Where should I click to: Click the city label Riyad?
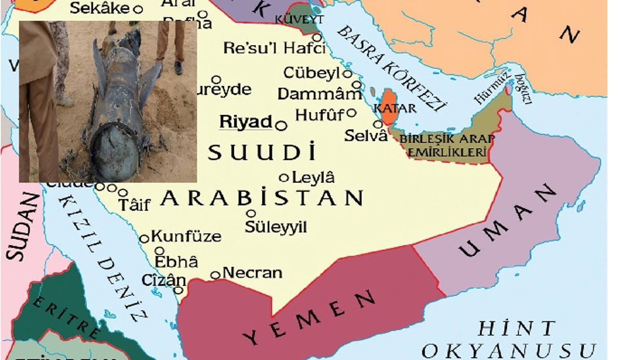point(246,122)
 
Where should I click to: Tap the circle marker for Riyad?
point(282,126)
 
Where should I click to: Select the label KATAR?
point(395,108)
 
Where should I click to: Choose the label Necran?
point(252,273)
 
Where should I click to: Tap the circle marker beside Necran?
point(215,275)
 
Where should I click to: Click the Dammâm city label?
point(319,94)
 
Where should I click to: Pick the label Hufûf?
point(319,116)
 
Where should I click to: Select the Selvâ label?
point(366,136)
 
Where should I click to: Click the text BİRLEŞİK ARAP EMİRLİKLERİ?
point(447,146)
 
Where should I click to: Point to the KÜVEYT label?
point(299,19)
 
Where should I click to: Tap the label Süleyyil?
point(276,227)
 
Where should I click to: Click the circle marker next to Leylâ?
point(284,177)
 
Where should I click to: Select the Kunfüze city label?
point(186,236)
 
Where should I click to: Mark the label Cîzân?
point(164,280)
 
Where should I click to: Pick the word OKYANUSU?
point(508,351)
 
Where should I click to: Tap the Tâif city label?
point(134,205)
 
